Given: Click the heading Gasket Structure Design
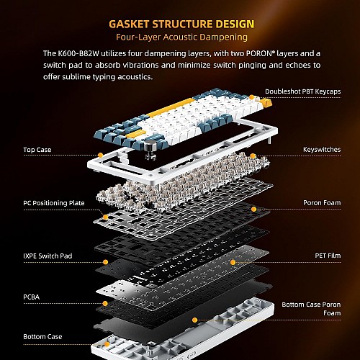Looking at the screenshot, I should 179,24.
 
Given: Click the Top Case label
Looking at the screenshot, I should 37,150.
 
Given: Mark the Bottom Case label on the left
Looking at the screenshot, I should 41,336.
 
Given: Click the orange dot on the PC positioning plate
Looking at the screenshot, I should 105,215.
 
